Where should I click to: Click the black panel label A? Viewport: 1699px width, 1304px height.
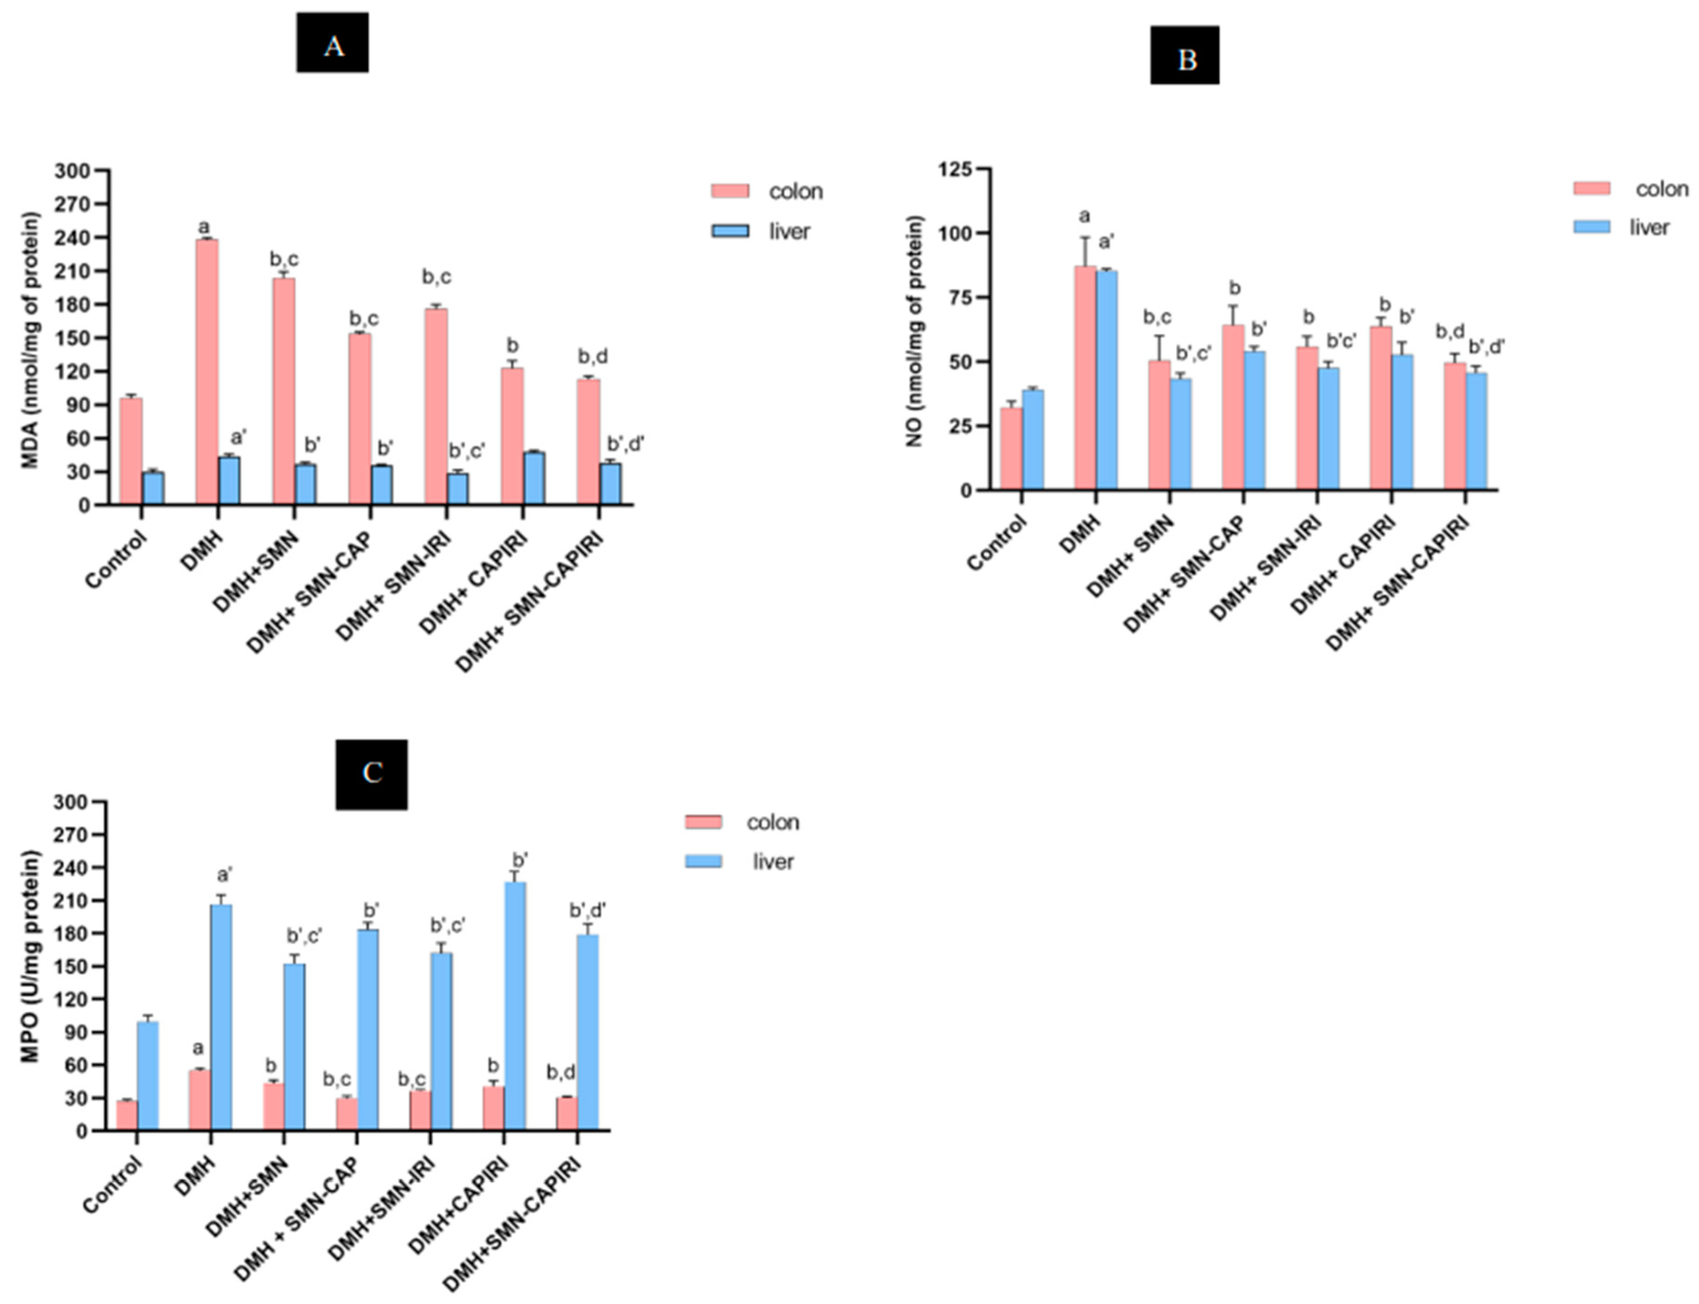coord(333,43)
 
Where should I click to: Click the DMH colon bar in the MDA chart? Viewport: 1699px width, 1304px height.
coord(206,373)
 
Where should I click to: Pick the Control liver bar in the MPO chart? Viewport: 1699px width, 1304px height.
coord(148,1075)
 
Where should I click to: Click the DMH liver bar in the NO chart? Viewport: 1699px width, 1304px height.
coord(1107,380)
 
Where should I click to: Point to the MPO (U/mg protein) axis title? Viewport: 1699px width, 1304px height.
coord(29,956)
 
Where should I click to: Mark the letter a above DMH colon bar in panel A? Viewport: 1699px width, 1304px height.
coord(204,227)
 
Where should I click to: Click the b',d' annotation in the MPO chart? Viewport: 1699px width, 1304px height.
coord(588,910)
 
